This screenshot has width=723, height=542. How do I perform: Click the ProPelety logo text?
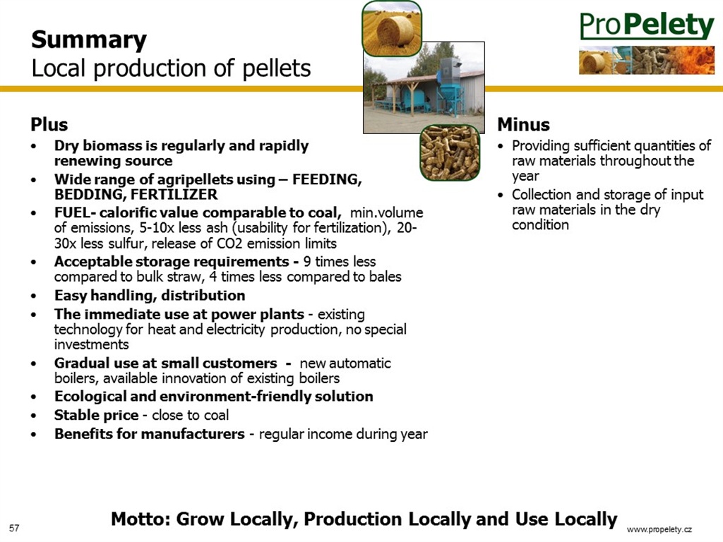point(647,25)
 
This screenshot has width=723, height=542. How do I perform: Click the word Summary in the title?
point(89,40)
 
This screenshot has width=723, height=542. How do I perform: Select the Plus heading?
point(49,124)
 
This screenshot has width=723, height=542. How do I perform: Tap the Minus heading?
point(523,124)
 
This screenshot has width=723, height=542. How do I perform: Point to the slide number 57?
point(14,528)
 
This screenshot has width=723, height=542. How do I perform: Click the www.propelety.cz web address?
point(659,529)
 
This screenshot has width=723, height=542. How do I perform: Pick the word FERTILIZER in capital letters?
point(174,195)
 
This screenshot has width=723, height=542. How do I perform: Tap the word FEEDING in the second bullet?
point(327,179)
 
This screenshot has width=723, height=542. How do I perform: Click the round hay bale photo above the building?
point(391,28)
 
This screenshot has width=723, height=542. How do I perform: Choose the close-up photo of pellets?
point(450,152)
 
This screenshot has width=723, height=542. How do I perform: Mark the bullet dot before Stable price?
point(34,416)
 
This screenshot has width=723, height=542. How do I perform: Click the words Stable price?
point(96,415)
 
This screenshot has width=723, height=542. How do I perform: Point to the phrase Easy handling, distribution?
point(150,296)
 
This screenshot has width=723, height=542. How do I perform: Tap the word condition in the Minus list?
point(540,225)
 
